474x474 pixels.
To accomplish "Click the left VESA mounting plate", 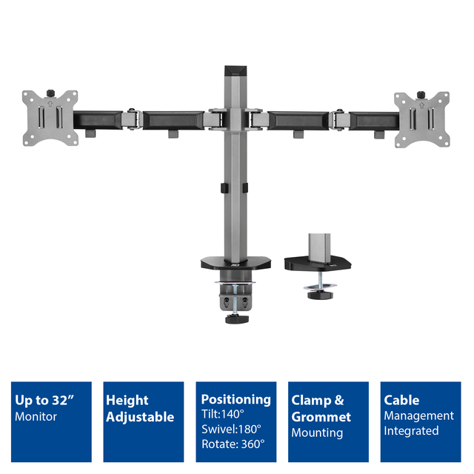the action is [50, 118].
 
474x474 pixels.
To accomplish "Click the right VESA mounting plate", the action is [422, 120].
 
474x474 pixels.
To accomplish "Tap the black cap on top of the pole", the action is [236, 71].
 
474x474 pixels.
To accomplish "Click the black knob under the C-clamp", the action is [237, 319].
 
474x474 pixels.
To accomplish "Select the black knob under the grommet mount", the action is [320, 294].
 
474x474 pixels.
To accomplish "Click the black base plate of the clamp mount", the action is [236, 263].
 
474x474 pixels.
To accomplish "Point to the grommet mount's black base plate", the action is [318, 263].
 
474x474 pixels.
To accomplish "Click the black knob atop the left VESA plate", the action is [50, 93].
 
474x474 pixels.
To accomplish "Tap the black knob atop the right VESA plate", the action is [421, 95].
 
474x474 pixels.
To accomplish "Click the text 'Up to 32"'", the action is [44, 400].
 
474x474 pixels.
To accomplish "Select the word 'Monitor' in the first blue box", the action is [36, 417].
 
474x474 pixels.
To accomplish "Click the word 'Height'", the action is [127, 401].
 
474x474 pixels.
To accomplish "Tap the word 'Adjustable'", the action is [140, 417].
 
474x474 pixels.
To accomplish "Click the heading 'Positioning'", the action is [236, 400].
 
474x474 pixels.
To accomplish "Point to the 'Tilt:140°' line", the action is [223, 414].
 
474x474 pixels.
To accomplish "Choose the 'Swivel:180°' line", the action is [231, 430].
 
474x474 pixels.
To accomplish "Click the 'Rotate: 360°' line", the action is [233, 444].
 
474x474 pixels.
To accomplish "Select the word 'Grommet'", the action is [321, 417].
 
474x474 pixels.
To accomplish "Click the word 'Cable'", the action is [401, 400].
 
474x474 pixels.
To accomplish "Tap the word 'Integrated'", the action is [411, 431].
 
